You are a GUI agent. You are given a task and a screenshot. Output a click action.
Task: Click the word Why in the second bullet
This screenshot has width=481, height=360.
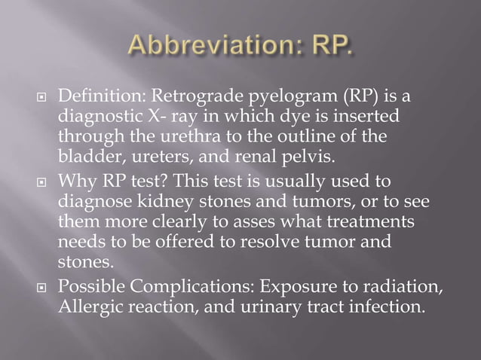coord(75,181)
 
